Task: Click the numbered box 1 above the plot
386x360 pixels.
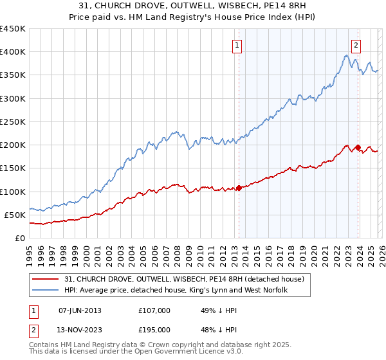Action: point(237,46)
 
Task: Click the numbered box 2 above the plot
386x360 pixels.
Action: point(356,46)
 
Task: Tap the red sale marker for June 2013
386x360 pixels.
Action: point(239,188)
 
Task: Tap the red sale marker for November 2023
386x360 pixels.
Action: point(358,147)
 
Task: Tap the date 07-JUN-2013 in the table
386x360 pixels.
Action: point(80,310)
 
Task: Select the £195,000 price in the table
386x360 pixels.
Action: point(154,330)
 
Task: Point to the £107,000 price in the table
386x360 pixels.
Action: point(154,310)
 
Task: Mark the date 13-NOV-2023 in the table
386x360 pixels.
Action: point(80,330)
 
